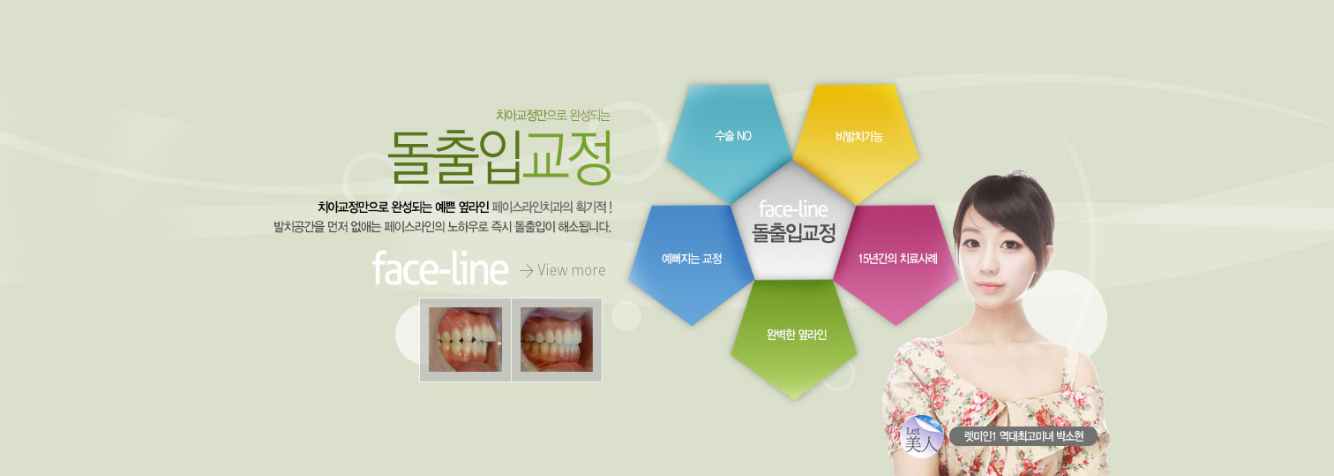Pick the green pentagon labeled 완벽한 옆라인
pyautogui.click(x=794, y=336)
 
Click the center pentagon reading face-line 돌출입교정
pyautogui.click(x=793, y=222)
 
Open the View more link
pyautogui.click(x=571, y=270)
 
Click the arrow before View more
pyautogui.click(x=526, y=271)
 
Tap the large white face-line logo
pyautogui.click(x=440, y=269)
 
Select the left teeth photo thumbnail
pyautogui.click(x=465, y=340)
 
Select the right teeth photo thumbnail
pyautogui.click(x=557, y=340)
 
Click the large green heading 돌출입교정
pyautogui.click(x=499, y=157)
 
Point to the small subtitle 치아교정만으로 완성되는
pyautogui.click(x=553, y=116)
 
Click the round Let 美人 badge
pyautogui.click(x=923, y=436)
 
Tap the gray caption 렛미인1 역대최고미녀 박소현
pyautogui.click(x=1023, y=436)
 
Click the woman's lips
pyautogui.click(x=989, y=286)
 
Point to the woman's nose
pyautogui.click(x=987, y=263)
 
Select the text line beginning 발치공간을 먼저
pyautogui.click(x=443, y=227)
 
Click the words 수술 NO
pyautogui.click(x=733, y=136)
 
